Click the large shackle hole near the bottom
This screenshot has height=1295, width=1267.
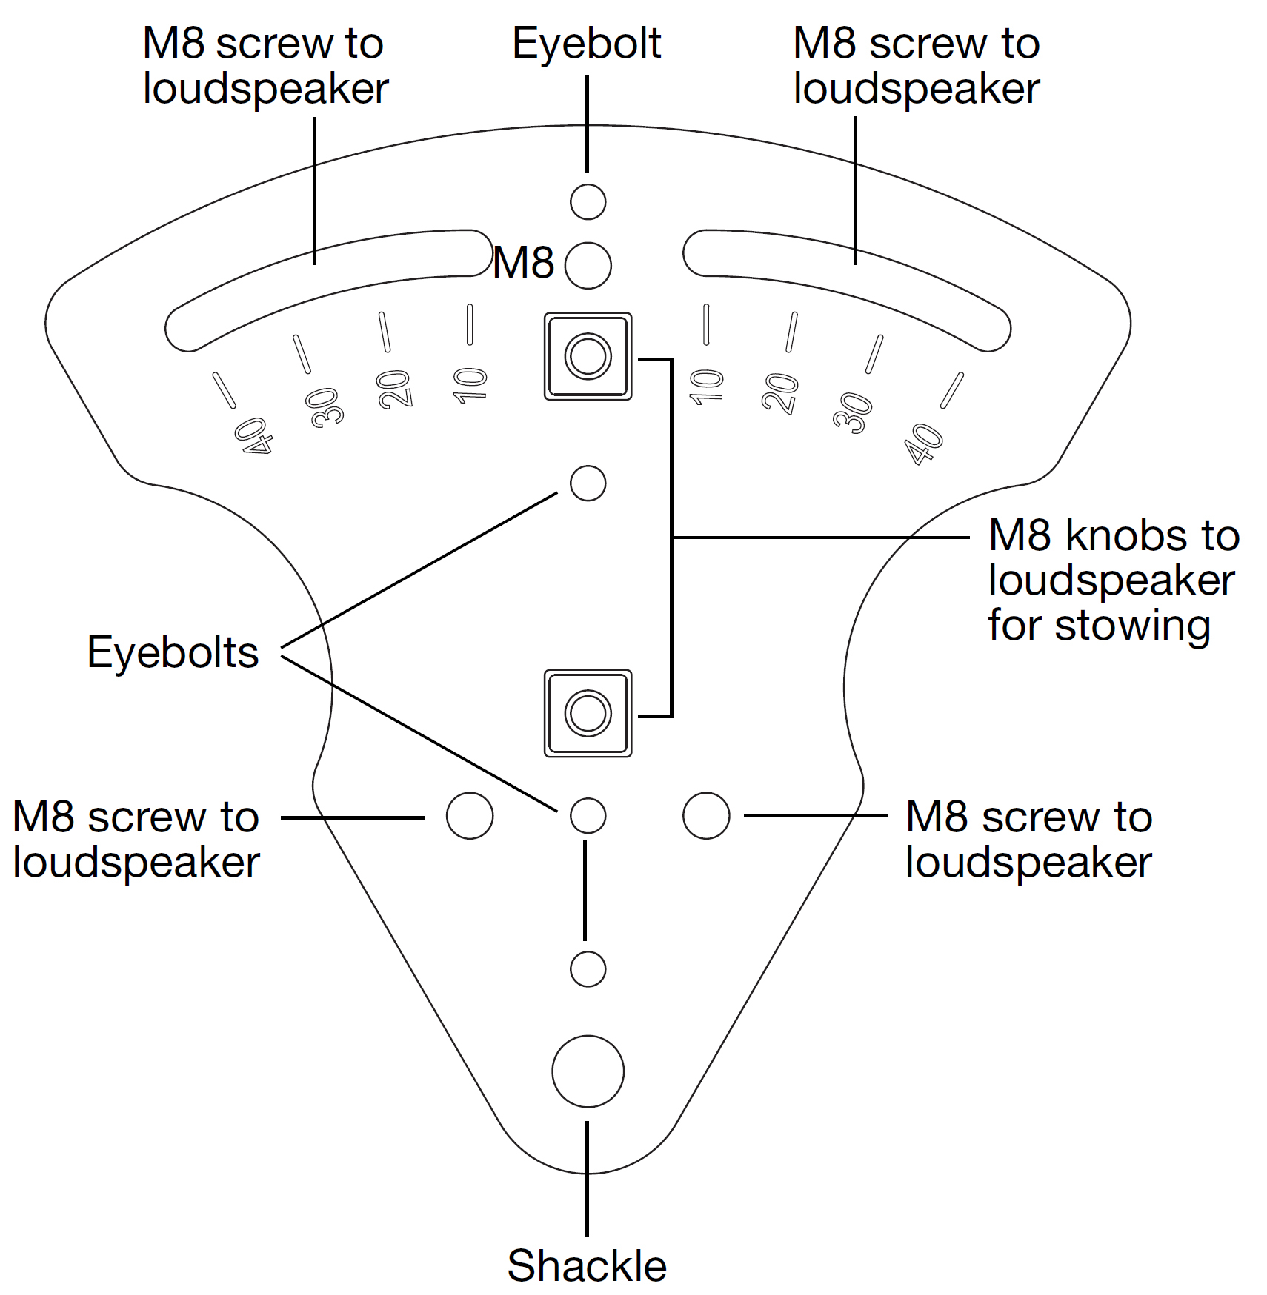(x=588, y=1071)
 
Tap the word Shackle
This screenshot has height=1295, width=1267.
(x=586, y=1265)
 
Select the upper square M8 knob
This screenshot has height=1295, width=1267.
(x=588, y=356)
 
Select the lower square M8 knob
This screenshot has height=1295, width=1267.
(x=588, y=713)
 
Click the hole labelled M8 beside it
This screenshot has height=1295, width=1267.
(x=588, y=265)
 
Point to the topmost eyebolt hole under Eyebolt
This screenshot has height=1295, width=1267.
(x=588, y=201)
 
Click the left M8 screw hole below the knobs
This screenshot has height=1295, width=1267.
(x=470, y=815)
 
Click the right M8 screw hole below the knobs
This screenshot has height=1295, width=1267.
(x=705, y=815)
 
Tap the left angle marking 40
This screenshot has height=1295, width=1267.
(x=253, y=436)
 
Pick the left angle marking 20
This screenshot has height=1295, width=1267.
(x=394, y=389)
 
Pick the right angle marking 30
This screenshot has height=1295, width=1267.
(x=852, y=412)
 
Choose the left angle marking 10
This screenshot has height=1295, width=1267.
(x=470, y=385)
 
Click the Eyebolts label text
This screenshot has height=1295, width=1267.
(x=173, y=652)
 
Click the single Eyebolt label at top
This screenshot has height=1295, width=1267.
(x=586, y=43)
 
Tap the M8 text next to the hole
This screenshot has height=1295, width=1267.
(x=524, y=262)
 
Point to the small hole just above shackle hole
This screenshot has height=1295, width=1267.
(x=588, y=968)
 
